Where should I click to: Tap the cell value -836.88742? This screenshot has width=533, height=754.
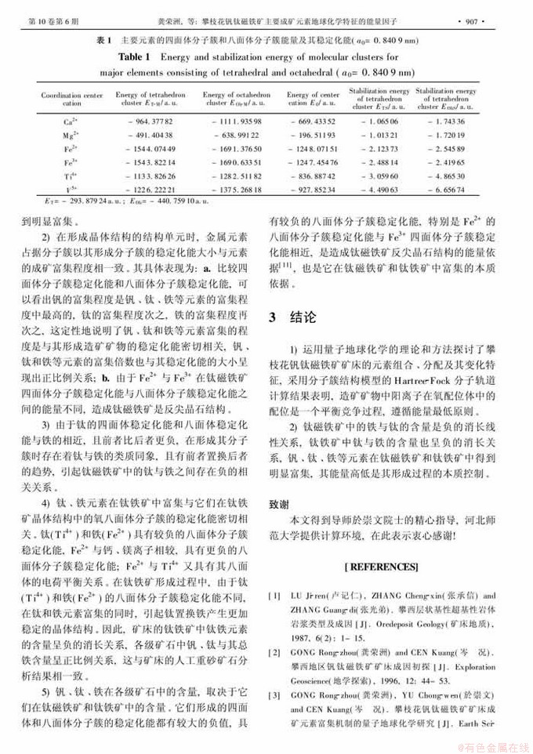[312, 176]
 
